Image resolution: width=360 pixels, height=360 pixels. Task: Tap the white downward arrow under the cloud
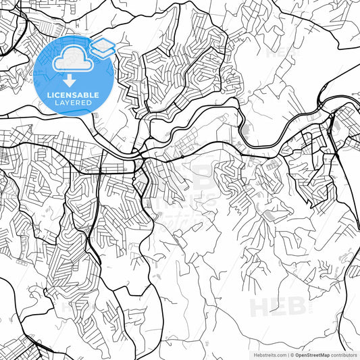click(70, 80)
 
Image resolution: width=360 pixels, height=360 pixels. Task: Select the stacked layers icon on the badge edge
click(102, 49)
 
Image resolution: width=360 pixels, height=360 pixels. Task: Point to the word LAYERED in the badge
click(70, 103)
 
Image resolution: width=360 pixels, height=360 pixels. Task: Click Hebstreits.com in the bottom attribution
click(268, 355)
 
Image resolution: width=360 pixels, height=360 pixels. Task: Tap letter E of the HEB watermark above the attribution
click(279, 307)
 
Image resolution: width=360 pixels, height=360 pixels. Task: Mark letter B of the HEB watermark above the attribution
click(298, 307)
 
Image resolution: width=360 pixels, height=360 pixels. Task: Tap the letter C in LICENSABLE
click(55, 95)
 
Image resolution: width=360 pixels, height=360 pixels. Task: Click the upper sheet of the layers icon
click(102, 45)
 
